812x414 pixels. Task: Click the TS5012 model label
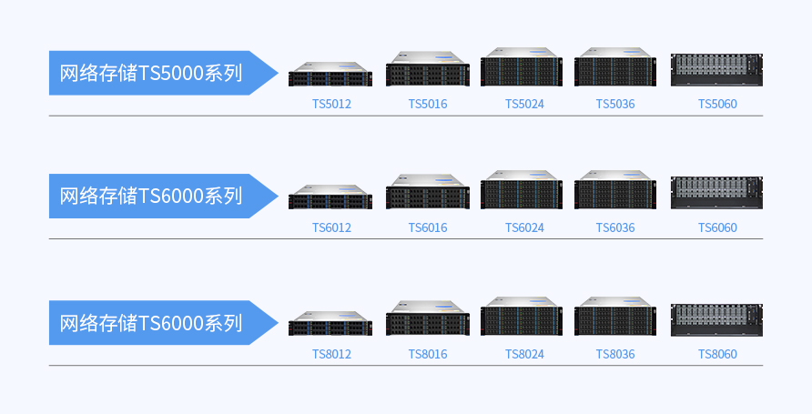331,104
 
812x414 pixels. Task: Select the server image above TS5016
428,70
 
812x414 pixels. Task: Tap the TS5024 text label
524,104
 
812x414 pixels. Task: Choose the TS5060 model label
717,104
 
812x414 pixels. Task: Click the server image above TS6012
330,197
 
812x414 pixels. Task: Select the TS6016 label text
428,227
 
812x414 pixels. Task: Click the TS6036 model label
615,227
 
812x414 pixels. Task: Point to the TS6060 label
717,227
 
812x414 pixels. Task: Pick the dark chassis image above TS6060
716,192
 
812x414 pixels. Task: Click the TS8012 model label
331,354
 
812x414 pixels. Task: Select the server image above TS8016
428,319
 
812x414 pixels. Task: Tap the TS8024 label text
524,354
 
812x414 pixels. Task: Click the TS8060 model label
717,354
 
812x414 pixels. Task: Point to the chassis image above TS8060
716,319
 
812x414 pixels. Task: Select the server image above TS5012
330,74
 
